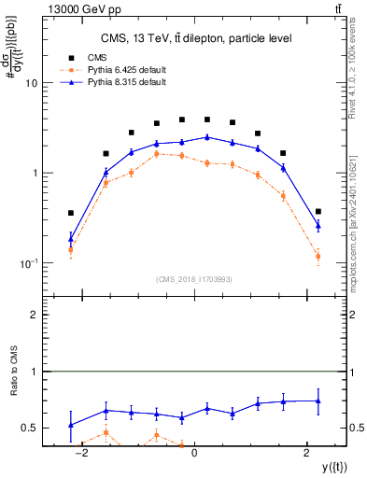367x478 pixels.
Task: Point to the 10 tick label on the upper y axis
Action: [30, 83]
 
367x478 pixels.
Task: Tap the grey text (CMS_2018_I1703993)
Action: [194, 279]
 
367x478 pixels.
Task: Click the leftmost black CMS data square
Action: [71, 213]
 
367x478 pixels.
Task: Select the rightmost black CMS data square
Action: [318, 212]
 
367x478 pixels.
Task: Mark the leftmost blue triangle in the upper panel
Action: [71, 239]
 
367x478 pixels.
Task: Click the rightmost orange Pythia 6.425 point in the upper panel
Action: [318, 256]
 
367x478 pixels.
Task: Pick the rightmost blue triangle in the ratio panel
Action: [318, 401]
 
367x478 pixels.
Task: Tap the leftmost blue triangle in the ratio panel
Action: [71, 425]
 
